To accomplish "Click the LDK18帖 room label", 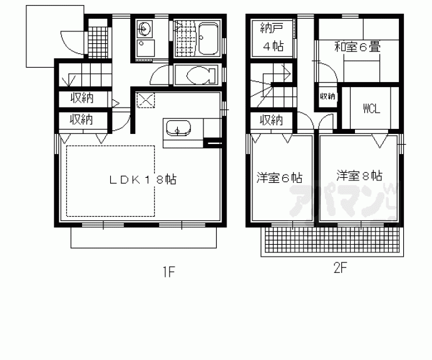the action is pos(143,180).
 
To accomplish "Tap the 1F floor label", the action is pos(168,272).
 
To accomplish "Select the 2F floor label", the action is pos(340,268).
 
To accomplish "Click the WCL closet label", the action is pos(372,108).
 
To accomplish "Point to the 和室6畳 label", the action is pos(357,46).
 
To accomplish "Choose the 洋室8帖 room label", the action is pos(359,175).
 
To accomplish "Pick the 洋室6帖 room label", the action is pos(279,178).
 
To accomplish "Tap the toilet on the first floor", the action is pos(201,75).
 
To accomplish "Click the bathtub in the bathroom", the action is pos(208,39).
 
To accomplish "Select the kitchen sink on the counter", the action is pos(178,128).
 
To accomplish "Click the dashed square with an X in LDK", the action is pos(146,100).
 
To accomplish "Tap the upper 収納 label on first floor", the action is pos(82,98).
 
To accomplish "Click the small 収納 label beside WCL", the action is pos(327,96).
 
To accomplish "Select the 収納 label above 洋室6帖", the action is pos(271,120).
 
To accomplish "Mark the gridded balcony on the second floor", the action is pos(332,240).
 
